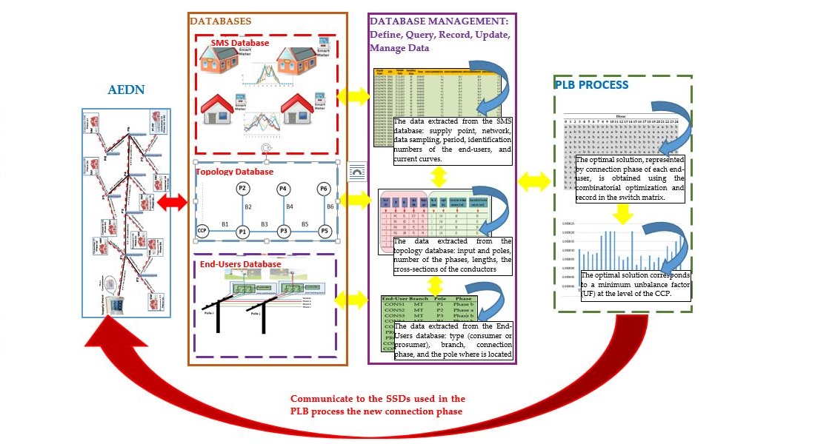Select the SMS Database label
pyautogui.click(x=239, y=44)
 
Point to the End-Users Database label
pyautogui.click(x=241, y=264)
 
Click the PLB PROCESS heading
pyautogui.click(x=591, y=84)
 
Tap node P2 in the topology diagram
pyautogui.click(x=242, y=189)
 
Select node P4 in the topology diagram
pyautogui.click(x=282, y=189)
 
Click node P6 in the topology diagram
pyautogui.click(x=322, y=189)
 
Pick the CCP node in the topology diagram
pyautogui.click(x=202, y=231)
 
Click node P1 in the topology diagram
pyautogui.click(x=242, y=231)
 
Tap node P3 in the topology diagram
pyautogui.click(x=282, y=231)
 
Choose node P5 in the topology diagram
pyautogui.click(x=322, y=231)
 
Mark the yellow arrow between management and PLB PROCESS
pyautogui.click(x=533, y=180)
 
